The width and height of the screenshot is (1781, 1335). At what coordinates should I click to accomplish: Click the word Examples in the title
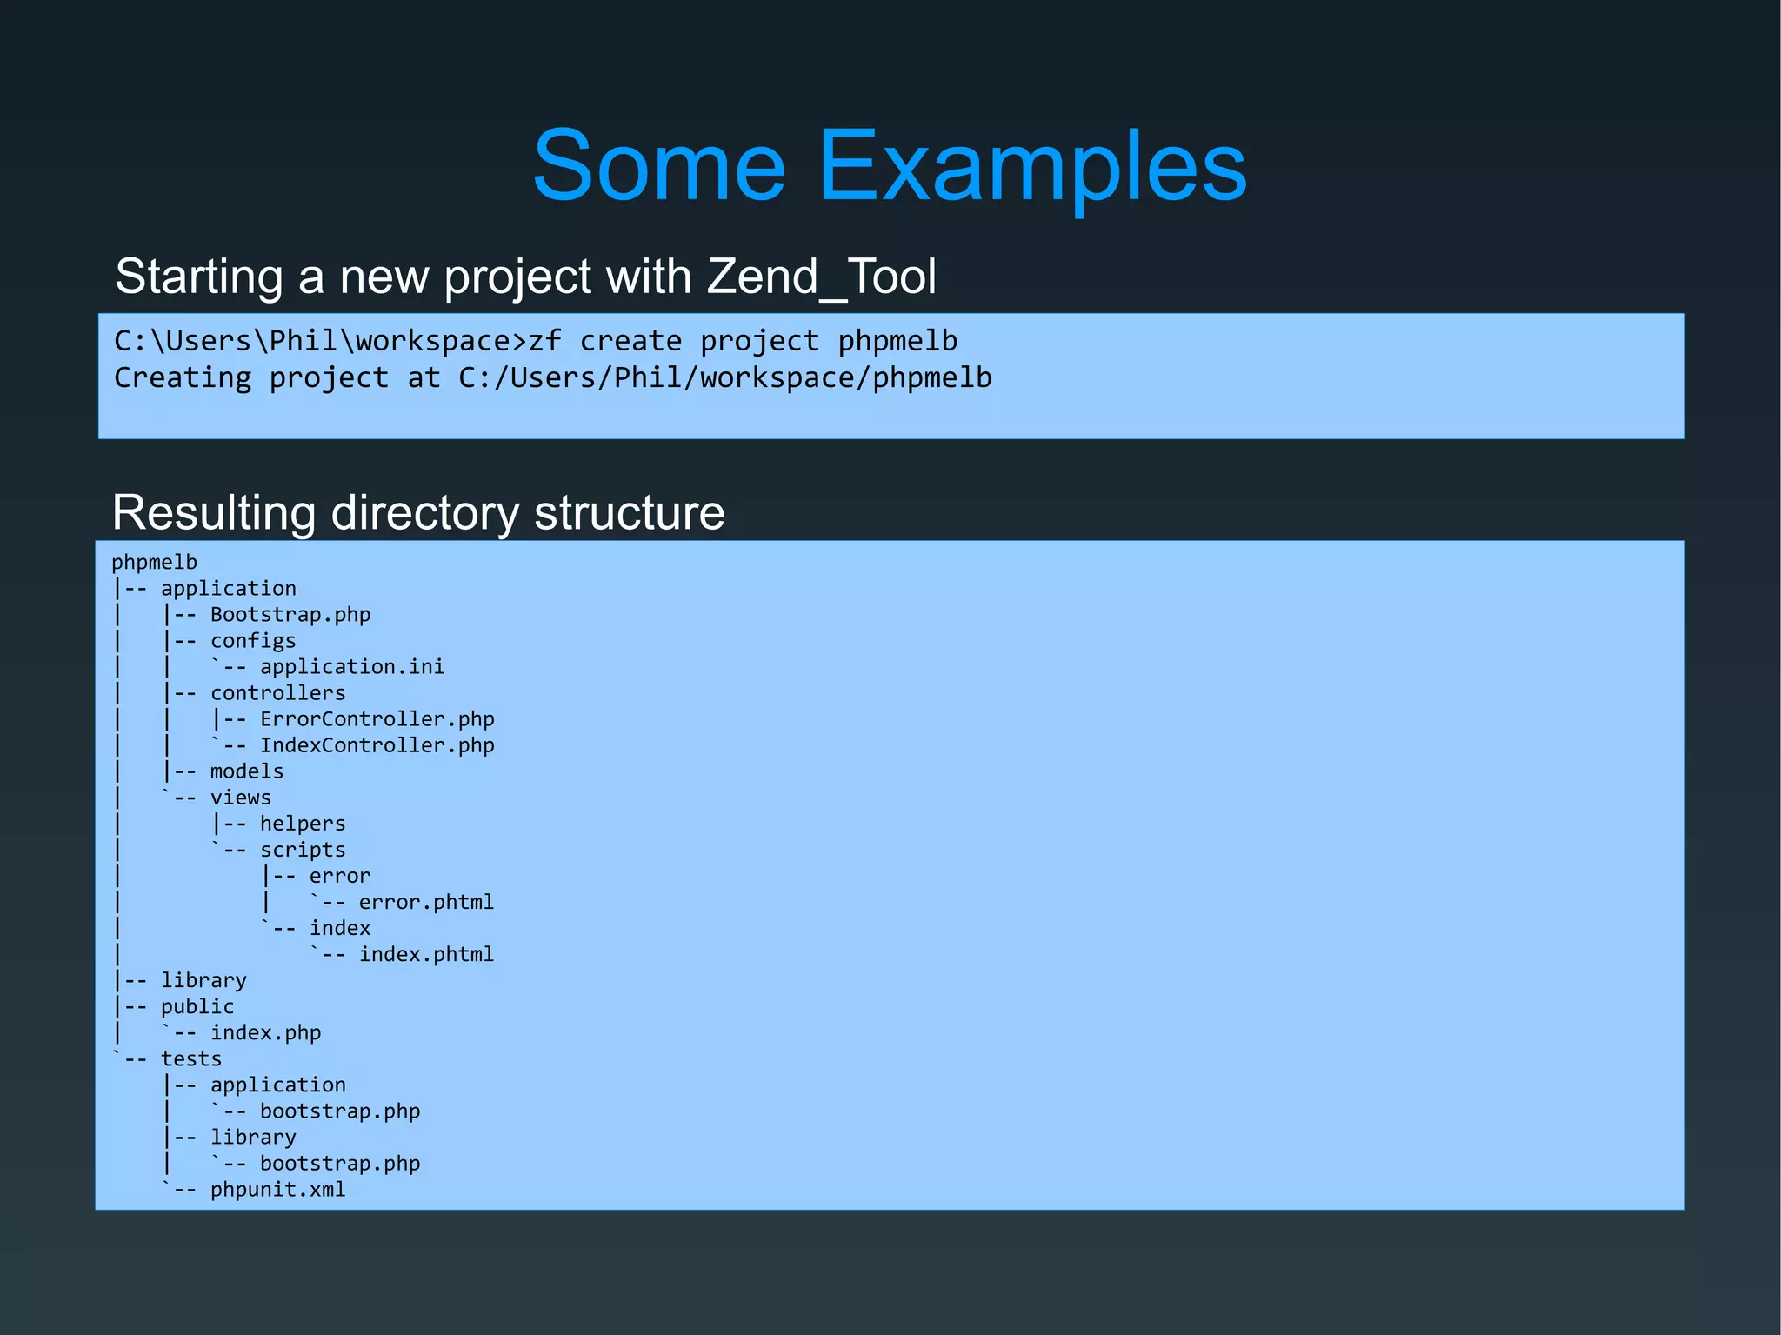pos(1032,165)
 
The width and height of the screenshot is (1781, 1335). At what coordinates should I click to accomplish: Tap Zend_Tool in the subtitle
pos(821,277)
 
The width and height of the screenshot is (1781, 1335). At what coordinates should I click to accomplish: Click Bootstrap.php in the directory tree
pos(290,615)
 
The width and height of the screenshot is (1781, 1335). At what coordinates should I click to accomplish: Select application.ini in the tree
pos(352,667)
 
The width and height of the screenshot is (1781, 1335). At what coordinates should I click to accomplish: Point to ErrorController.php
pos(377,719)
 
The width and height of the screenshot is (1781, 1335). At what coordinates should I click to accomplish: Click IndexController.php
pos(377,745)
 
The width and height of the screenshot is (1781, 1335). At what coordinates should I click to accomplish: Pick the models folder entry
pos(247,771)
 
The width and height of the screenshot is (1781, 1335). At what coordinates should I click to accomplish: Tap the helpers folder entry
pos(303,824)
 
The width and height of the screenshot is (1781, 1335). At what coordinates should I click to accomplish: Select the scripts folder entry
pos(303,850)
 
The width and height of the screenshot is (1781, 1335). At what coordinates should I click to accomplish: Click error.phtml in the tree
pos(426,902)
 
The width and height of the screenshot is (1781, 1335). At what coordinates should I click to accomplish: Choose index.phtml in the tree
pos(426,954)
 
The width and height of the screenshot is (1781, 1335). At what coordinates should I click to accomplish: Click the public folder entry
pos(197,1006)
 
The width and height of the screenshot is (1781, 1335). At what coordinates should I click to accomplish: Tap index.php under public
pos(265,1032)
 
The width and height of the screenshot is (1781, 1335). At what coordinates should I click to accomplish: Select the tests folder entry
pos(191,1058)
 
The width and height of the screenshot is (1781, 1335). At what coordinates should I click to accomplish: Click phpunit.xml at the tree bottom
pos(277,1189)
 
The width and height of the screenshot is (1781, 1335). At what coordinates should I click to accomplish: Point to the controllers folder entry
pos(277,693)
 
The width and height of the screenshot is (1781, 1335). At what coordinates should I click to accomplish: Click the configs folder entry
pos(253,641)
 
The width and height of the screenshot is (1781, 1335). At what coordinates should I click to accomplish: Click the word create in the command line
pos(630,341)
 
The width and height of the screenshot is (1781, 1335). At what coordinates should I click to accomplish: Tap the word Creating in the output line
pos(183,377)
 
